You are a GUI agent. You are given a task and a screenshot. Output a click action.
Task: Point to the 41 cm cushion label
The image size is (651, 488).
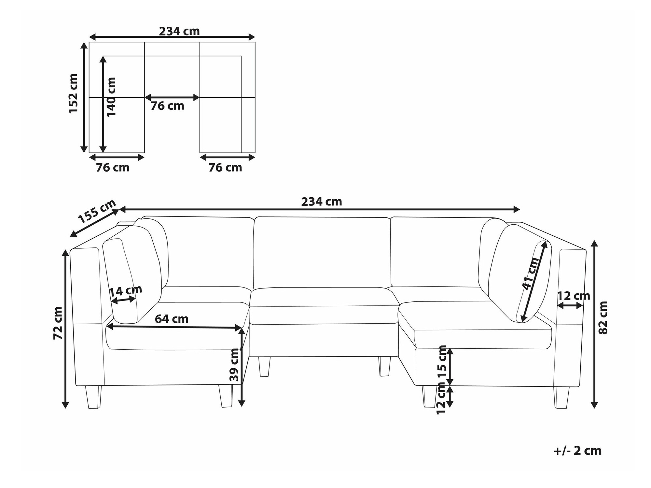[x=531, y=273]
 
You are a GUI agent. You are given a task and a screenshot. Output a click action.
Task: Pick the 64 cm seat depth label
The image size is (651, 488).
[x=172, y=319]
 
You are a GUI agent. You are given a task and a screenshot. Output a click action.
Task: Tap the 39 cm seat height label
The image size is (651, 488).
[x=234, y=365]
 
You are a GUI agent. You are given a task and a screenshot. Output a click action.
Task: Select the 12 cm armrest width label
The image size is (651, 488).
[x=574, y=296]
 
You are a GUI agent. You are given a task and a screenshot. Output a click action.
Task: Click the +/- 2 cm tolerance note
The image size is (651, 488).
[x=577, y=451]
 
